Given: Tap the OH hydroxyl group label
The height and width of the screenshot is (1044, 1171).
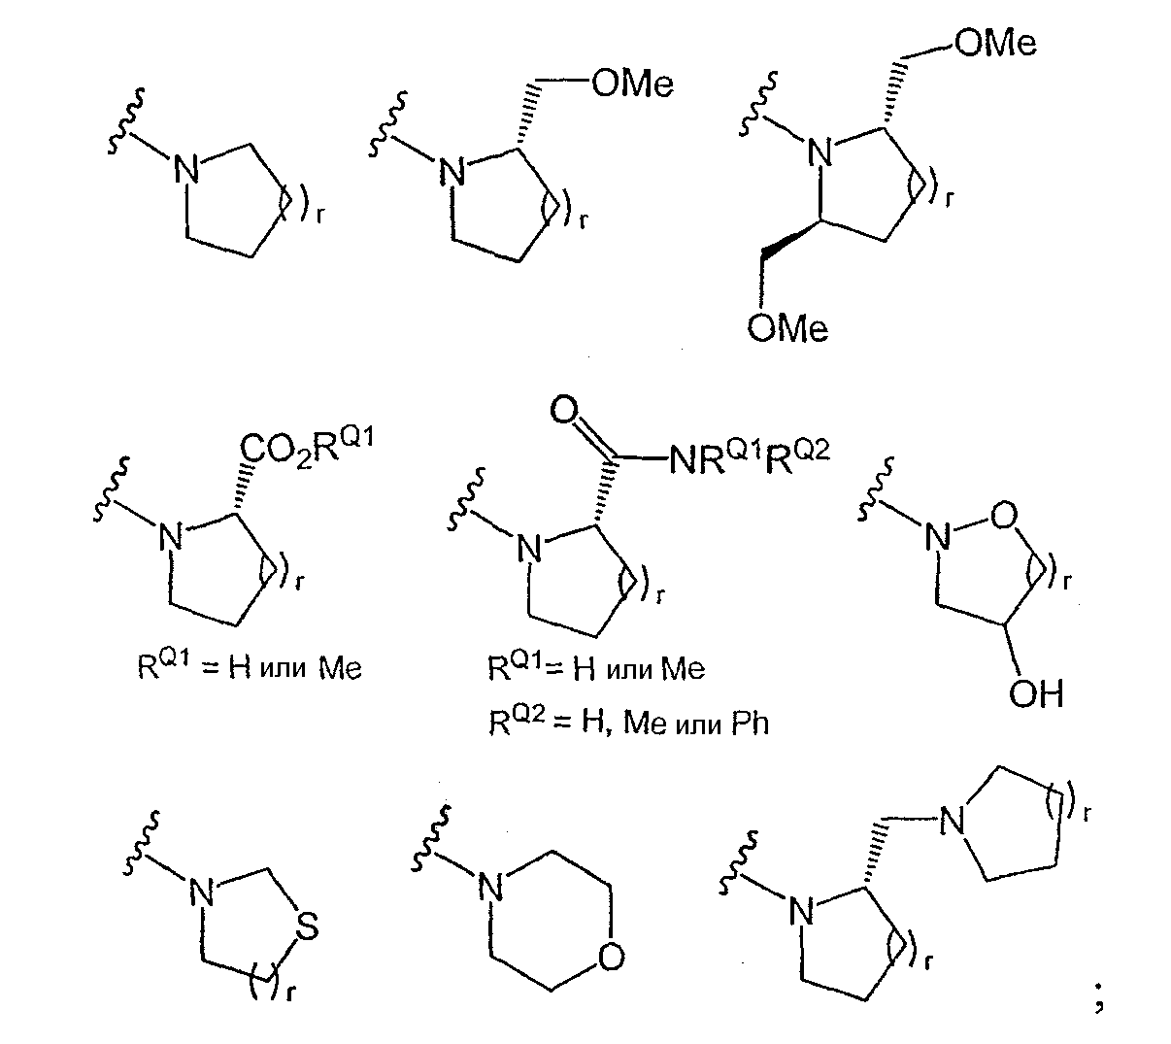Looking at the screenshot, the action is pos(1036,693).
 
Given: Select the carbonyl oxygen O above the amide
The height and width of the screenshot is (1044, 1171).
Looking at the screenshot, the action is pos(563,410).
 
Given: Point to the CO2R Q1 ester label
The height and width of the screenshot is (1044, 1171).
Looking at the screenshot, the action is pos(307,447).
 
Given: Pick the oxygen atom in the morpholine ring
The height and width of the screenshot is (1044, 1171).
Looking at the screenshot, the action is pos(611,958).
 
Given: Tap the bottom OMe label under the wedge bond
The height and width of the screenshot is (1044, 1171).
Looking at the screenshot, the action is pos(787,328).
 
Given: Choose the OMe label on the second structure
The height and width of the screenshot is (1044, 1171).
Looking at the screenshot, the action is pos(633,84).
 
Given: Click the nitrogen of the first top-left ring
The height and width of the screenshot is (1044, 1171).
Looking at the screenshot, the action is pos(186,170).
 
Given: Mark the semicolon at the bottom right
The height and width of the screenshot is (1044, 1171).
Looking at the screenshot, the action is pos(1099,996).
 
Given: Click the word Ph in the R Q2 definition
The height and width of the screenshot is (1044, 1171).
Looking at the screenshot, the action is pos(751,723).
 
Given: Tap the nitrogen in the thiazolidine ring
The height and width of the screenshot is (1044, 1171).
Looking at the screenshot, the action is pos(202,892).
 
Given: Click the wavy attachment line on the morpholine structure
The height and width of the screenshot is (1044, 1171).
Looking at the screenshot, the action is pos(430,838).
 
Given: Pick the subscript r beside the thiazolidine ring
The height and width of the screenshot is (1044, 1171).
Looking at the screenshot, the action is pos(289,993).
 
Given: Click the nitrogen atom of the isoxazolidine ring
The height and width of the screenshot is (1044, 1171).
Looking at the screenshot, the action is pos(938,536).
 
